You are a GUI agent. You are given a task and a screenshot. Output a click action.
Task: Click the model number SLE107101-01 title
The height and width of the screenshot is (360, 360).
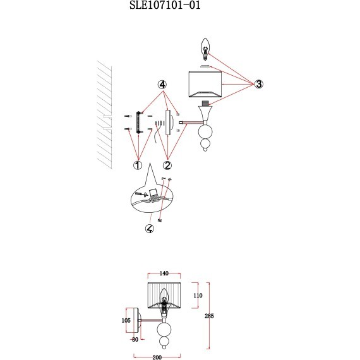point(165,5)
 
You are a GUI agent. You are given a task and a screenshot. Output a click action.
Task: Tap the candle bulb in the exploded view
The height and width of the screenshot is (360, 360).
point(205,49)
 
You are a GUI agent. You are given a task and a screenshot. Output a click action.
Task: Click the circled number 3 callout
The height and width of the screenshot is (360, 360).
point(259,84)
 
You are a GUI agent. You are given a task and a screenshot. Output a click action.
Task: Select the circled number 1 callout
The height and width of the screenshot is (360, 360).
point(138,165)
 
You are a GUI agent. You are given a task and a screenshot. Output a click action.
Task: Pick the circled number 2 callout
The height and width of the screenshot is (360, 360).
point(167,165)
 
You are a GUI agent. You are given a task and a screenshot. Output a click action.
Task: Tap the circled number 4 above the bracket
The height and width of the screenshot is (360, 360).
point(162,85)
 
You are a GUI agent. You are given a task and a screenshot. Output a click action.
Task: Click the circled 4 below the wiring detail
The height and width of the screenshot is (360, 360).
point(150,229)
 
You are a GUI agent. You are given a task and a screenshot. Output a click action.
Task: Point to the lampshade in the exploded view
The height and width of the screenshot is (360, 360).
point(205,84)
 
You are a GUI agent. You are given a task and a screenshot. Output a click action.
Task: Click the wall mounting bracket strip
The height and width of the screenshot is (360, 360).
point(138,122)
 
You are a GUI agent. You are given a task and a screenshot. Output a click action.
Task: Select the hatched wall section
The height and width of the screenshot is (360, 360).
point(104,115)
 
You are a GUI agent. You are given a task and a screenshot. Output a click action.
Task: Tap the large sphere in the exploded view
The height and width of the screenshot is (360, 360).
point(205,132)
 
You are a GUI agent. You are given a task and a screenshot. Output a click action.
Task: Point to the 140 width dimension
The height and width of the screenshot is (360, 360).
point(164,273)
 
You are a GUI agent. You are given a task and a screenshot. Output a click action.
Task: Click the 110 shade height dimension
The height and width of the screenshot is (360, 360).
point(198,296)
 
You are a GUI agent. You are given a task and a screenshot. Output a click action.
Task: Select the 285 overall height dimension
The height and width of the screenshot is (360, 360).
point(209,316)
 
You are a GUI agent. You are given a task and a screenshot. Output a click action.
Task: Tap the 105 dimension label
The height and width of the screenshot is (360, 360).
point(126,320)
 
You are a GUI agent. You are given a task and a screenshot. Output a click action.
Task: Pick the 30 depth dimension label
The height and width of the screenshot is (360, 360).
point(135,339)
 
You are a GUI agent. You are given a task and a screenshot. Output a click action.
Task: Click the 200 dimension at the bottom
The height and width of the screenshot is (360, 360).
point(157,357)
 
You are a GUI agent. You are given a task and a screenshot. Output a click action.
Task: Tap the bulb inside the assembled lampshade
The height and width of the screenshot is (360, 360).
point(164,299)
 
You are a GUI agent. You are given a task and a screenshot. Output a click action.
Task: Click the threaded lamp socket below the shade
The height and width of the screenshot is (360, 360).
point(205,104)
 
